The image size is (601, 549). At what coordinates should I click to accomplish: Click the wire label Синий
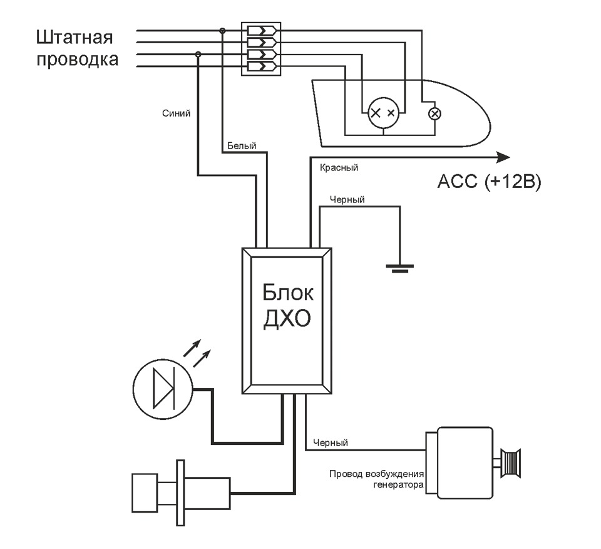(x=176, y=113)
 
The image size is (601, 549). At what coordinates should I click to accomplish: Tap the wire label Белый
(x=242, y=145)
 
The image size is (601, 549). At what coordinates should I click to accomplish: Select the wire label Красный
(x=339, y=168)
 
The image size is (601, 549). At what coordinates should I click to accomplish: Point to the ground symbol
(x=400, y=268)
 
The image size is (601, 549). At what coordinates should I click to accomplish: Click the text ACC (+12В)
(x=489, y=182)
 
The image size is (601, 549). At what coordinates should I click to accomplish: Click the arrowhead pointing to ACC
(x=503, y=157)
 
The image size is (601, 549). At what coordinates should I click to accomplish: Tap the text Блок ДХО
(x=287, y=305)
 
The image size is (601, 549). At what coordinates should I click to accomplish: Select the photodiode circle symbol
(x=163, y=389)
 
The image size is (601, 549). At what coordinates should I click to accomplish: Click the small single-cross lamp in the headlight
(x=434, y=114)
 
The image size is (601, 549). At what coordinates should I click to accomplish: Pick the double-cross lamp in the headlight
(x=383, y=113)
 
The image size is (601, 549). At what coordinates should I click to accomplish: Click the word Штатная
(x=74, y=38)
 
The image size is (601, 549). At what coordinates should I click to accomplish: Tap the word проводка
(x=77, y=60)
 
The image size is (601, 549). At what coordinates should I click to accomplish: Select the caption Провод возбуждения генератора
(x=376, y=479)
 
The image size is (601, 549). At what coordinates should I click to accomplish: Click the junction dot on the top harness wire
(x=222, y=31)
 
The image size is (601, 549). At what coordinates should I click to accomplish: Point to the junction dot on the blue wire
(x=198, y=55)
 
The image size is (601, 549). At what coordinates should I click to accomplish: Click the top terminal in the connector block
(x=262, y=30)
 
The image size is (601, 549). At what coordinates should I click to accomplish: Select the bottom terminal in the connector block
(x=262, y=66)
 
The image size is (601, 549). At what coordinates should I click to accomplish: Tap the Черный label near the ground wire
(x=347, y=199)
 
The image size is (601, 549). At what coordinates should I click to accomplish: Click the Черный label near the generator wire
(x=331, y=442)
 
